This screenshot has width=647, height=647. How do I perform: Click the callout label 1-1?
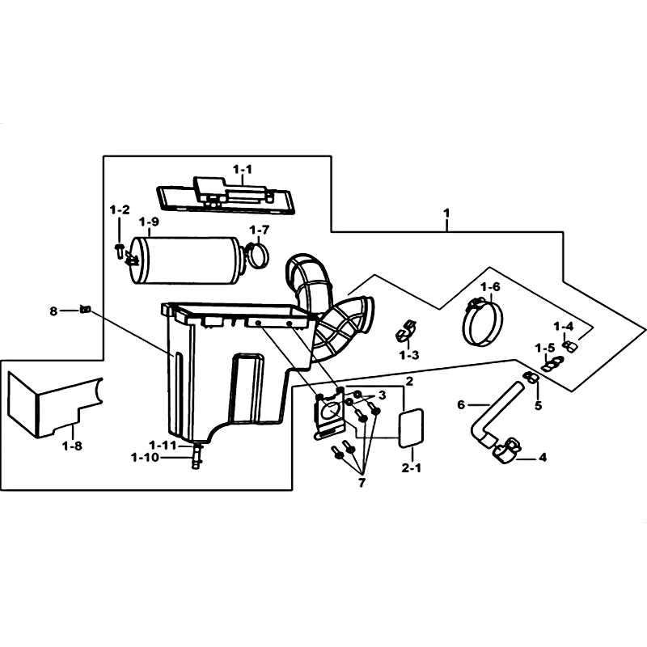click(x=242, y=169)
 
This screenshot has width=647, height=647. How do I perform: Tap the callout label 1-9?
click(x=149, y=222)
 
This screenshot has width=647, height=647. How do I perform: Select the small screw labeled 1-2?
click(x=119, y=250)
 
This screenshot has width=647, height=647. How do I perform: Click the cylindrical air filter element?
click(x=185, y=260)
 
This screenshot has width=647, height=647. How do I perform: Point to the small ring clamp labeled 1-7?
click(x=258, y=255)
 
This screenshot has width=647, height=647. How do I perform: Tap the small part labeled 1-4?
click(x=569, y=347)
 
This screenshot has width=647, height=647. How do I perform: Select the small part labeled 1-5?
click(x=552, y=364)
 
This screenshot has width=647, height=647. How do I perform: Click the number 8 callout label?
click(x=53, y=311)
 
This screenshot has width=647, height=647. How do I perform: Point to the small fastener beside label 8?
click(x=85, y=309)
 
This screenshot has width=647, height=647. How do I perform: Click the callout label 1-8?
click(x=72, y=446)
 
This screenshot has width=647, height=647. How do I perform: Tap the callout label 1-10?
click(x=145, y=458)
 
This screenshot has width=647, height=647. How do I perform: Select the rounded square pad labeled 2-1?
click(x=411, y=427)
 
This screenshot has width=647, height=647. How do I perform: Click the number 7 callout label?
click(x=362, y=483)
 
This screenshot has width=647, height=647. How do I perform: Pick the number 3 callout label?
click(x=382, y=395)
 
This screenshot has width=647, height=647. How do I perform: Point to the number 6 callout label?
click(x=461, y=405)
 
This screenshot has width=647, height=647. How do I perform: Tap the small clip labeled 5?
click(x=531, y=376)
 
